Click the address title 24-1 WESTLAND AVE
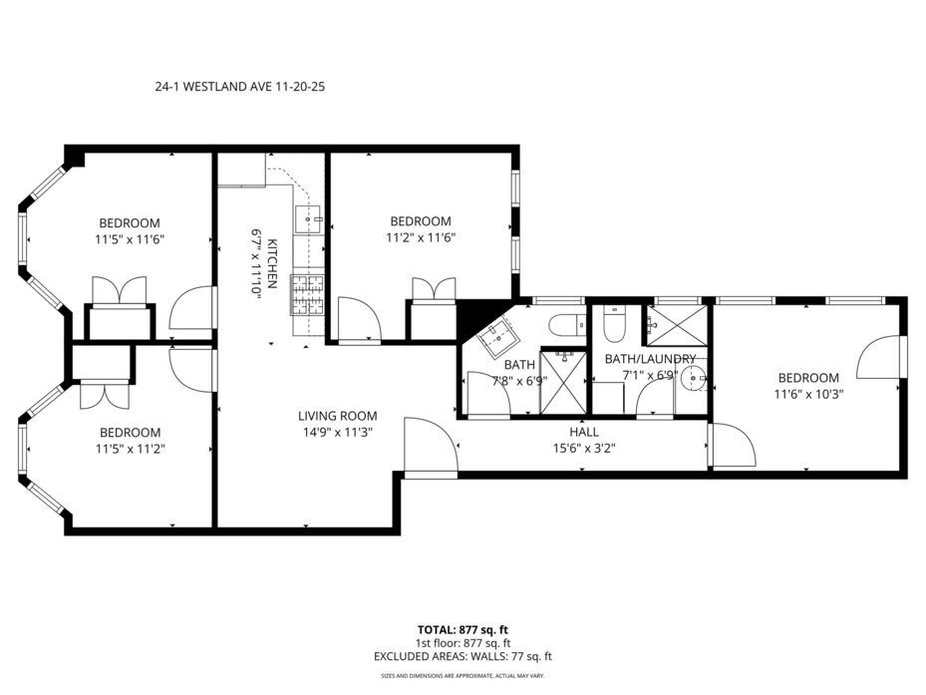[x=212, y=87]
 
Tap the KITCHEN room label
[x=272, y=263]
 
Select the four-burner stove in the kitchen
[x=308, y=295]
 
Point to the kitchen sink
[x=308, y=219]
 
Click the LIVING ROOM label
[x=337, y=416]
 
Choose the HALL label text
[x=584, y=432]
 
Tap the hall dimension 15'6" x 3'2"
[x=584, y=449]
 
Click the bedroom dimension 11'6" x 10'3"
[x=808, y=394]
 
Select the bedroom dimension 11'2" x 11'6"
[x=421, y=237]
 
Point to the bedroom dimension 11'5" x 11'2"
[x=130, y=449]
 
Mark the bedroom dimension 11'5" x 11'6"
[x=130, y=239]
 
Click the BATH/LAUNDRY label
[x=650, y=359]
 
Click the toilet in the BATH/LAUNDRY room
[x=615, y=323]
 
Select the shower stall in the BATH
[x=564, y=382]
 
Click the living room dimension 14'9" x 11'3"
[x=338, y=433]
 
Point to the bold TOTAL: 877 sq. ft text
[x=463, y=630]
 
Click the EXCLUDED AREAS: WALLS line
[x=463, y=656]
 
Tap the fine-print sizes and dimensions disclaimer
[x=463, y=675]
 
